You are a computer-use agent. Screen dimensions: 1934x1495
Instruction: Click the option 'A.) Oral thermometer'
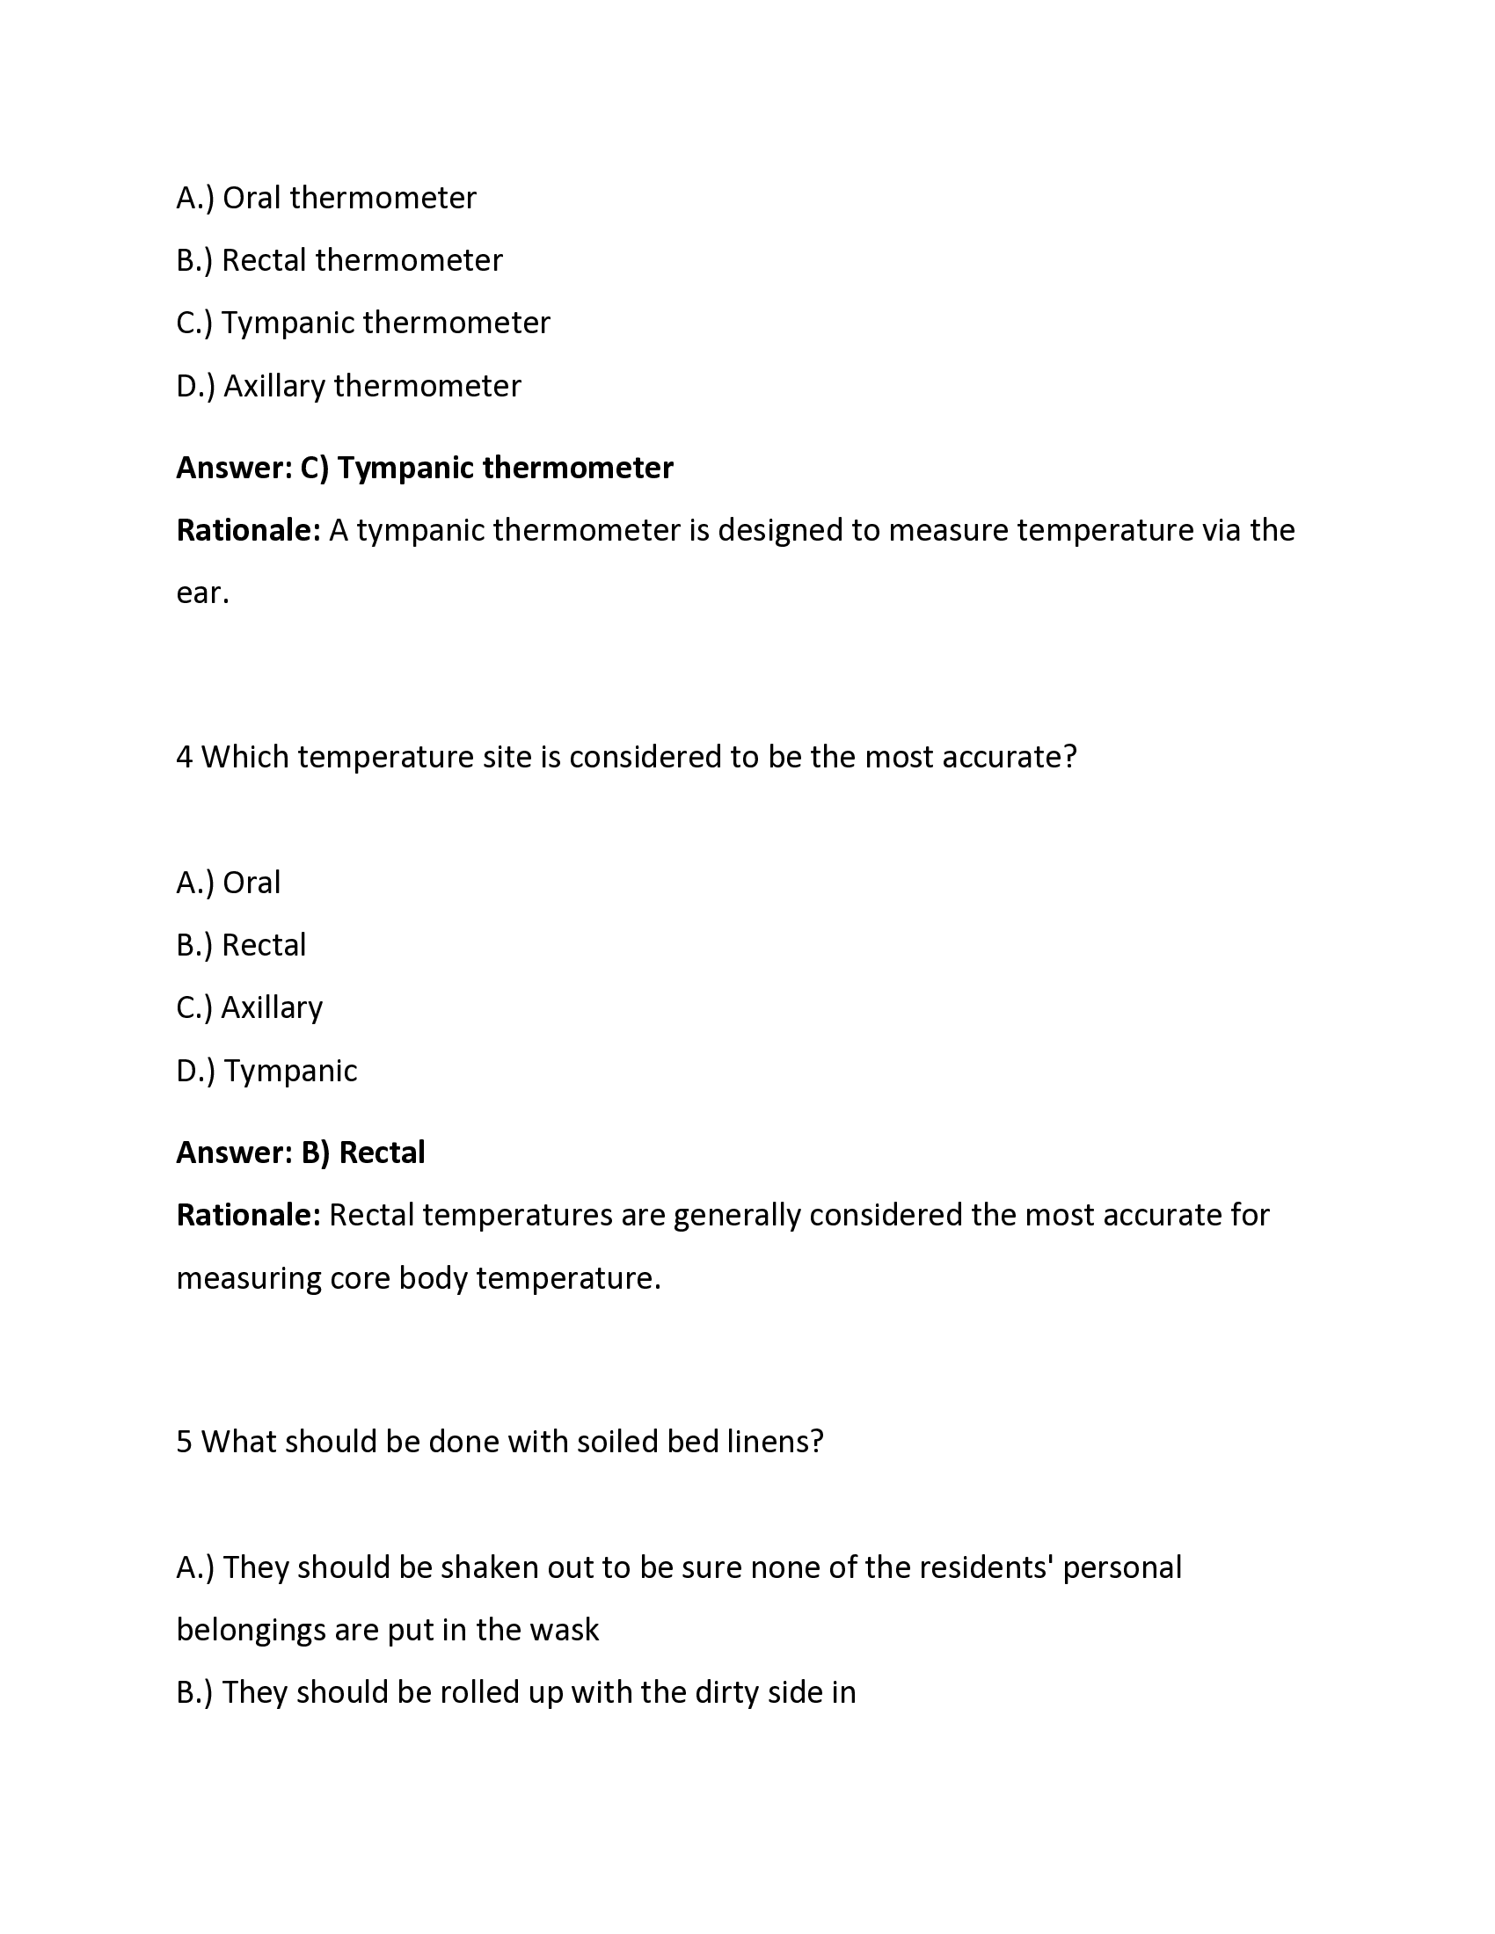[x=326, y=198]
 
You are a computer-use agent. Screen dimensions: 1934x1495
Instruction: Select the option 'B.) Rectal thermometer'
[x=339, y=260]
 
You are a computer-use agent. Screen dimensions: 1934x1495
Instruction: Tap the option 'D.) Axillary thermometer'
[x=348, y=386]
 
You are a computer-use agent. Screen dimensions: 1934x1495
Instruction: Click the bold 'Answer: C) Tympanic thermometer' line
[x=424, y=468]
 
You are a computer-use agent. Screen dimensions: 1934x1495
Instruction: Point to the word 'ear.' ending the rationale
[x=203, y=593]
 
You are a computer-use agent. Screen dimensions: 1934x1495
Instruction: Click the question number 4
[x=184, y=757]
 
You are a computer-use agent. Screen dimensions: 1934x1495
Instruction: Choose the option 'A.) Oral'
[x=229, y=883]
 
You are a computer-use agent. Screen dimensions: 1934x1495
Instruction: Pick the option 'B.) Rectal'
[x=241, y=946]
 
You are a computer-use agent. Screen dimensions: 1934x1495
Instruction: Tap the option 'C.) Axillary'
[x=250, y=1007]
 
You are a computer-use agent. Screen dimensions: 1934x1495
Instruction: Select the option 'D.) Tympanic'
[x=266, y=1072]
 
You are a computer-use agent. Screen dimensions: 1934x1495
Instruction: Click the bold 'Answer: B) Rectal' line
[x=300, y=1153]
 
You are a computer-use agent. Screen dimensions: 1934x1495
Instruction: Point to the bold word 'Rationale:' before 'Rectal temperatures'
[x=248, y=1215]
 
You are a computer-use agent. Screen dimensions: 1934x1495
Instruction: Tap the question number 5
[x=184, y=1442]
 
